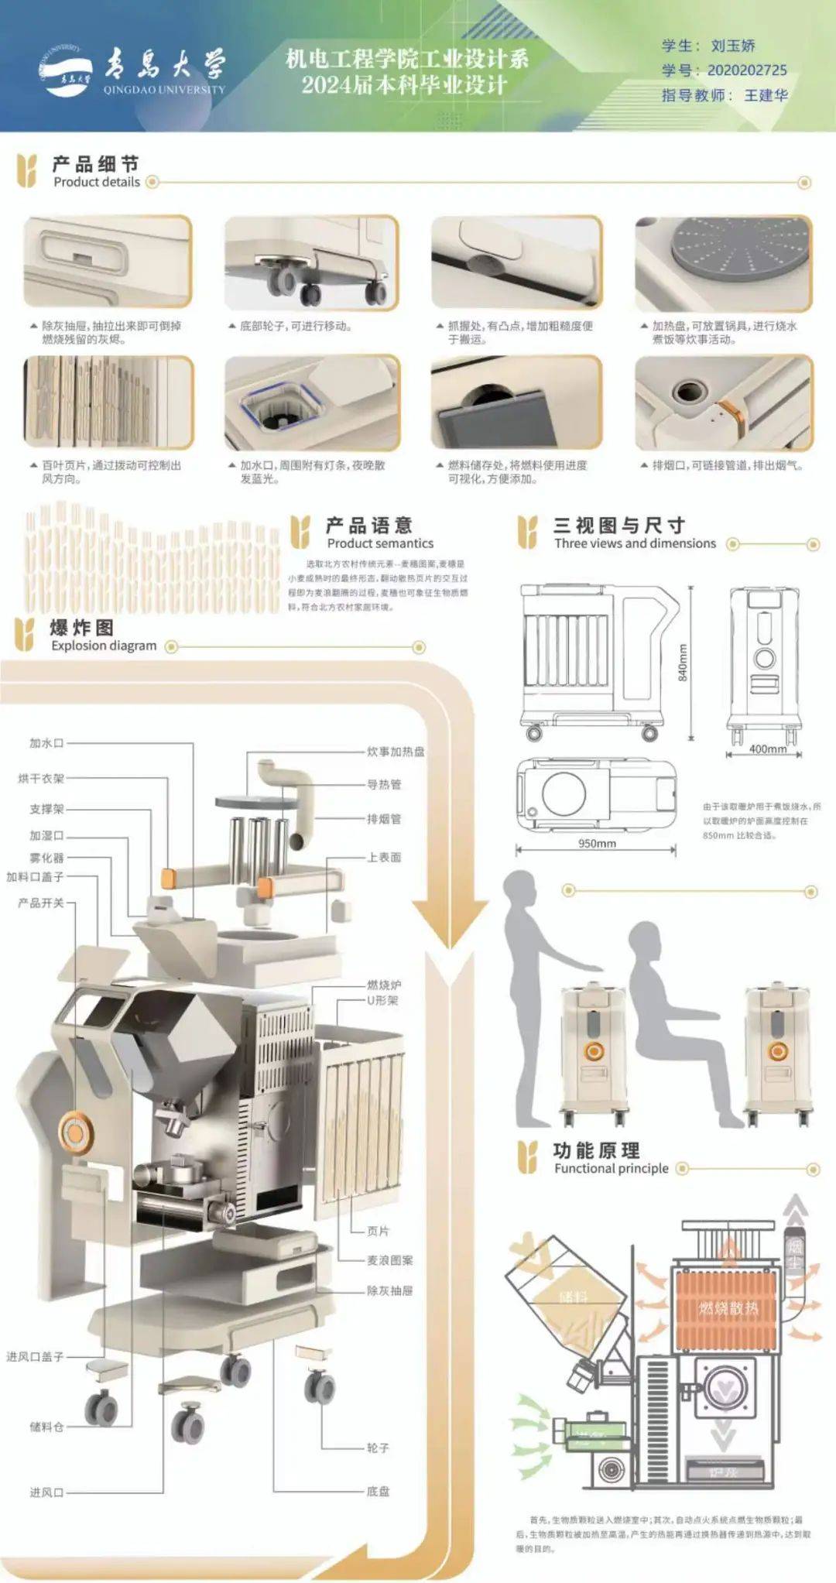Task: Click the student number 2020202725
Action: [x=746, y=70]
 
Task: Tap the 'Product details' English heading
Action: [x=97, y=182]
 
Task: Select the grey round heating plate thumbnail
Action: [x=724, y=262]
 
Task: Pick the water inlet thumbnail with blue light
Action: [x=311, y=403]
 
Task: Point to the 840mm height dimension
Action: [x=683, y=662]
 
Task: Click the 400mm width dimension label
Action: [x=767, y=749]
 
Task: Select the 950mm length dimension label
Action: [x=597, y=843]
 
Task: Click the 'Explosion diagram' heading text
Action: [x=104, y=646]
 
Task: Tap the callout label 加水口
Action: [x=46, y=743]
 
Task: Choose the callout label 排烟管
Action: [x=384, y=819]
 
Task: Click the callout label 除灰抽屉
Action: [x=389, y=1290]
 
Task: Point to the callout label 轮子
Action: [x=378, y=1448]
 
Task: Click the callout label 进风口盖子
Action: [x=35, y=1356]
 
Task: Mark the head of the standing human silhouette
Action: [x=520, y=889]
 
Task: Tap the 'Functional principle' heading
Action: [x=611, y=1168]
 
